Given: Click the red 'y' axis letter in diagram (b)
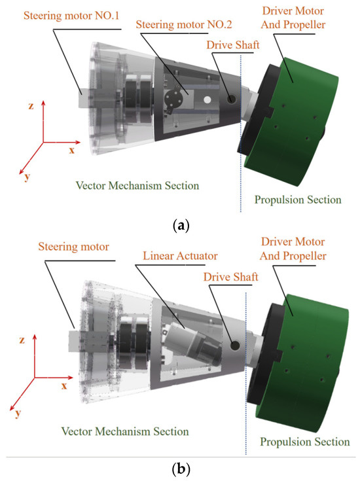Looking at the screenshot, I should click(x=17, y=414).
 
